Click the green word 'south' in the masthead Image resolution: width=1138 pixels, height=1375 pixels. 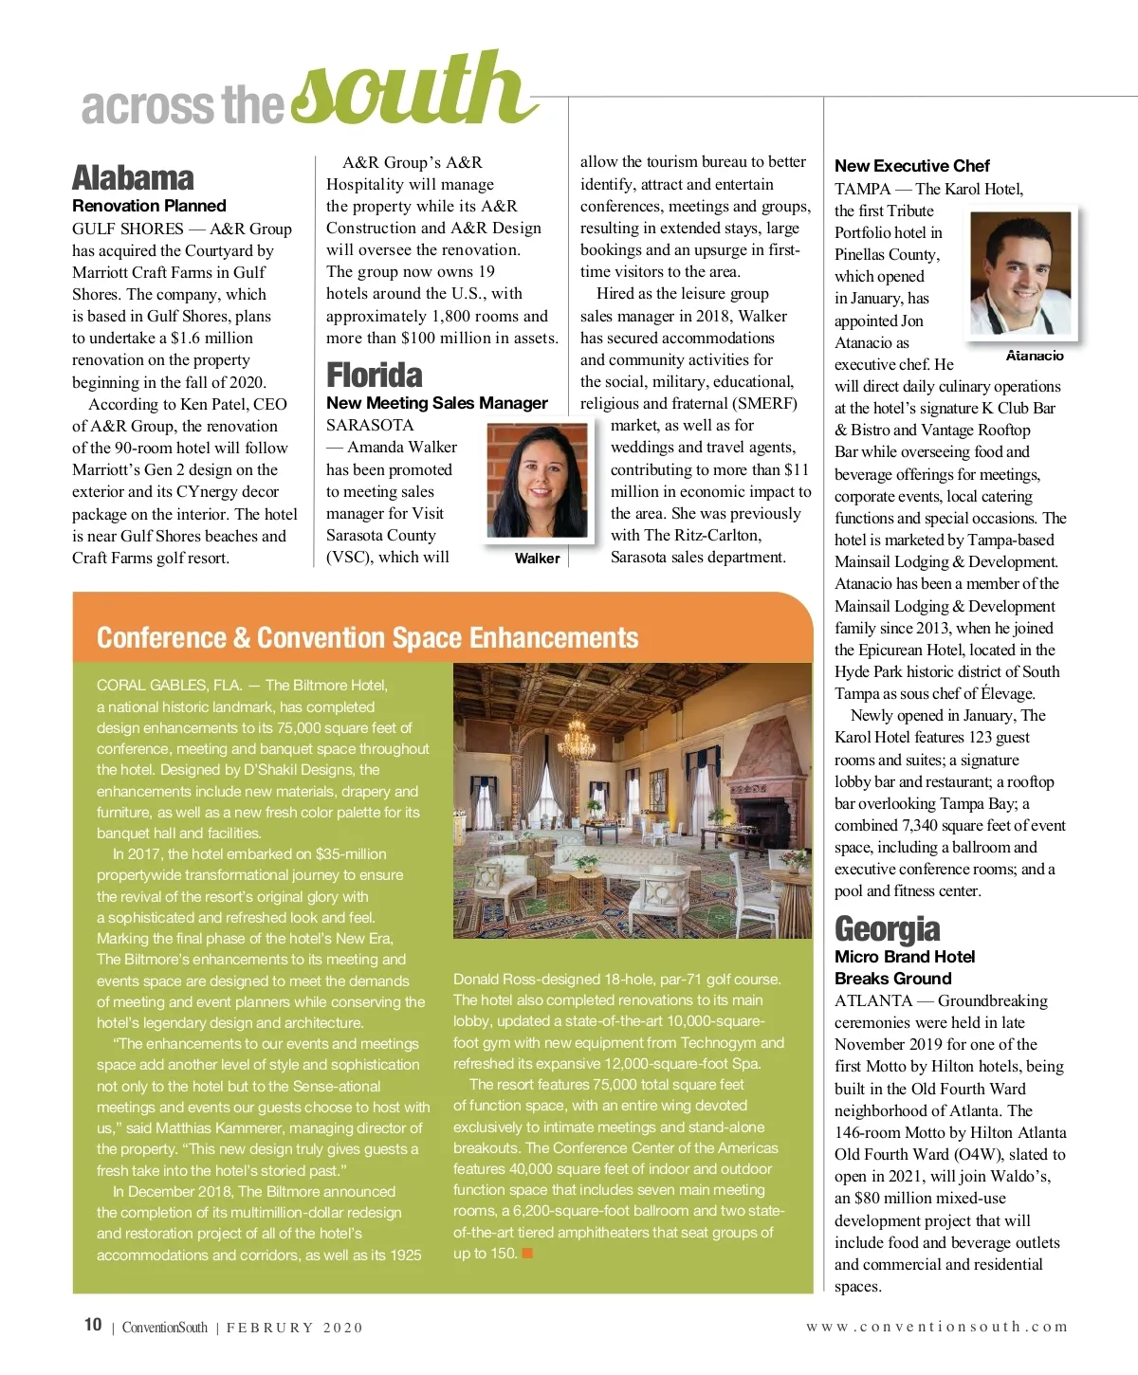pos(413,93)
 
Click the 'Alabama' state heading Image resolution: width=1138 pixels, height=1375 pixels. pos(133,178)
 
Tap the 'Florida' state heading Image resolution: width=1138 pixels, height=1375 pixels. pos(375,376)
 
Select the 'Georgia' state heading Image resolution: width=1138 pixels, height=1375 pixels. pos(888,928)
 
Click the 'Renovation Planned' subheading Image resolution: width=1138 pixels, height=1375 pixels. pos(149,206)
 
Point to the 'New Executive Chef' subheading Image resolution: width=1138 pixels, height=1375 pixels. pos(912,166)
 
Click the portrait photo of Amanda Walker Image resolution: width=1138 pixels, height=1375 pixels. pos(537,481)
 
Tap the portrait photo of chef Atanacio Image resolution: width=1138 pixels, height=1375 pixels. pos(1021,273)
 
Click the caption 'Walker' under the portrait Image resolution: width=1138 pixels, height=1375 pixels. pos(537,559)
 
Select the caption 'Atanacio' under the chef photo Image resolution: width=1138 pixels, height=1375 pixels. pos(1035,356)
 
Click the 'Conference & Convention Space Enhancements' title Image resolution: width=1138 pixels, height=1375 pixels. pos(367,638)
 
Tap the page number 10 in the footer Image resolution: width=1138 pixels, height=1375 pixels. pos(93,1325)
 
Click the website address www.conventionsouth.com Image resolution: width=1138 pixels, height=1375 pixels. pos(937,1327)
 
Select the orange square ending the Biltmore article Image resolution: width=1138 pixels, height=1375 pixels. pos(527,1254)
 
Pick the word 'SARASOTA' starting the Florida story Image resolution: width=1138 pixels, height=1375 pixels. pos(370,426)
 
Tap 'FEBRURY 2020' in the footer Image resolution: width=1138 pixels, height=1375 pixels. pos(294,1328)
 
